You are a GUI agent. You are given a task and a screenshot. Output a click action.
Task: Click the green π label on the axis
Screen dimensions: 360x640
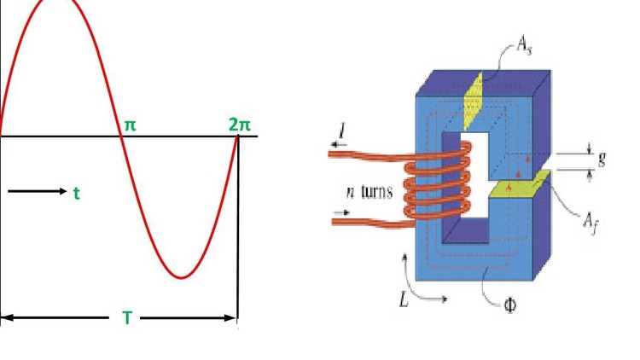click(x=130, y=125)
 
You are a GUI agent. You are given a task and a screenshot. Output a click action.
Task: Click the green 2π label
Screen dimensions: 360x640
click(x=241, y=125)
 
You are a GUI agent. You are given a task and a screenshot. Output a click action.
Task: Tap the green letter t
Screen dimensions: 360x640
click(x=76, y=194)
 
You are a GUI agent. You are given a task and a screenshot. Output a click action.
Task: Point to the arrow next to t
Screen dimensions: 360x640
click(x=38, y=192)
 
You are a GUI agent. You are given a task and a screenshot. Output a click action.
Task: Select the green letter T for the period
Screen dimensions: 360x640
click(x=126, y=319)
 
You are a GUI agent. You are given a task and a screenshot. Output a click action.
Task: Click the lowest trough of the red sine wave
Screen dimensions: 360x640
click(x=180, y=277)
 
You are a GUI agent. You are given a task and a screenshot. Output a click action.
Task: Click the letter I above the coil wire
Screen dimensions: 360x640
click(x=342, y=130)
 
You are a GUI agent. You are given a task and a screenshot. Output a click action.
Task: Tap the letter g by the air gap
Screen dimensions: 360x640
click(x=602, y=160)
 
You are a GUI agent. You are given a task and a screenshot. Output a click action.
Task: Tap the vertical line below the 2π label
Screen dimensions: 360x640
click(x=237, y=230)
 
